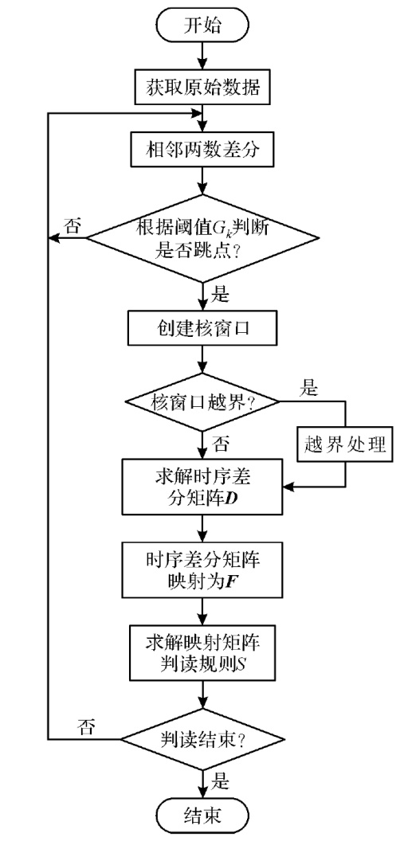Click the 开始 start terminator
click(202, 24)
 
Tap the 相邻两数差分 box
click(203, 150)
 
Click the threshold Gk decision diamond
click(202, 238)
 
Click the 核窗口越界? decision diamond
click(202, 402)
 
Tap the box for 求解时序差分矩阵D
click(203, 487)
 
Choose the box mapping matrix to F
click(203, 569)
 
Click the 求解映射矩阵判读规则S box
click(203, 652)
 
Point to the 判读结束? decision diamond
click(202, 739)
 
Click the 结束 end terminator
click(202, 816)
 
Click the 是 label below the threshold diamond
click(221, 296)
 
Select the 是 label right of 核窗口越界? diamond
click(309, 389)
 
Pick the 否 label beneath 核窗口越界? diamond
click(221, 445)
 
